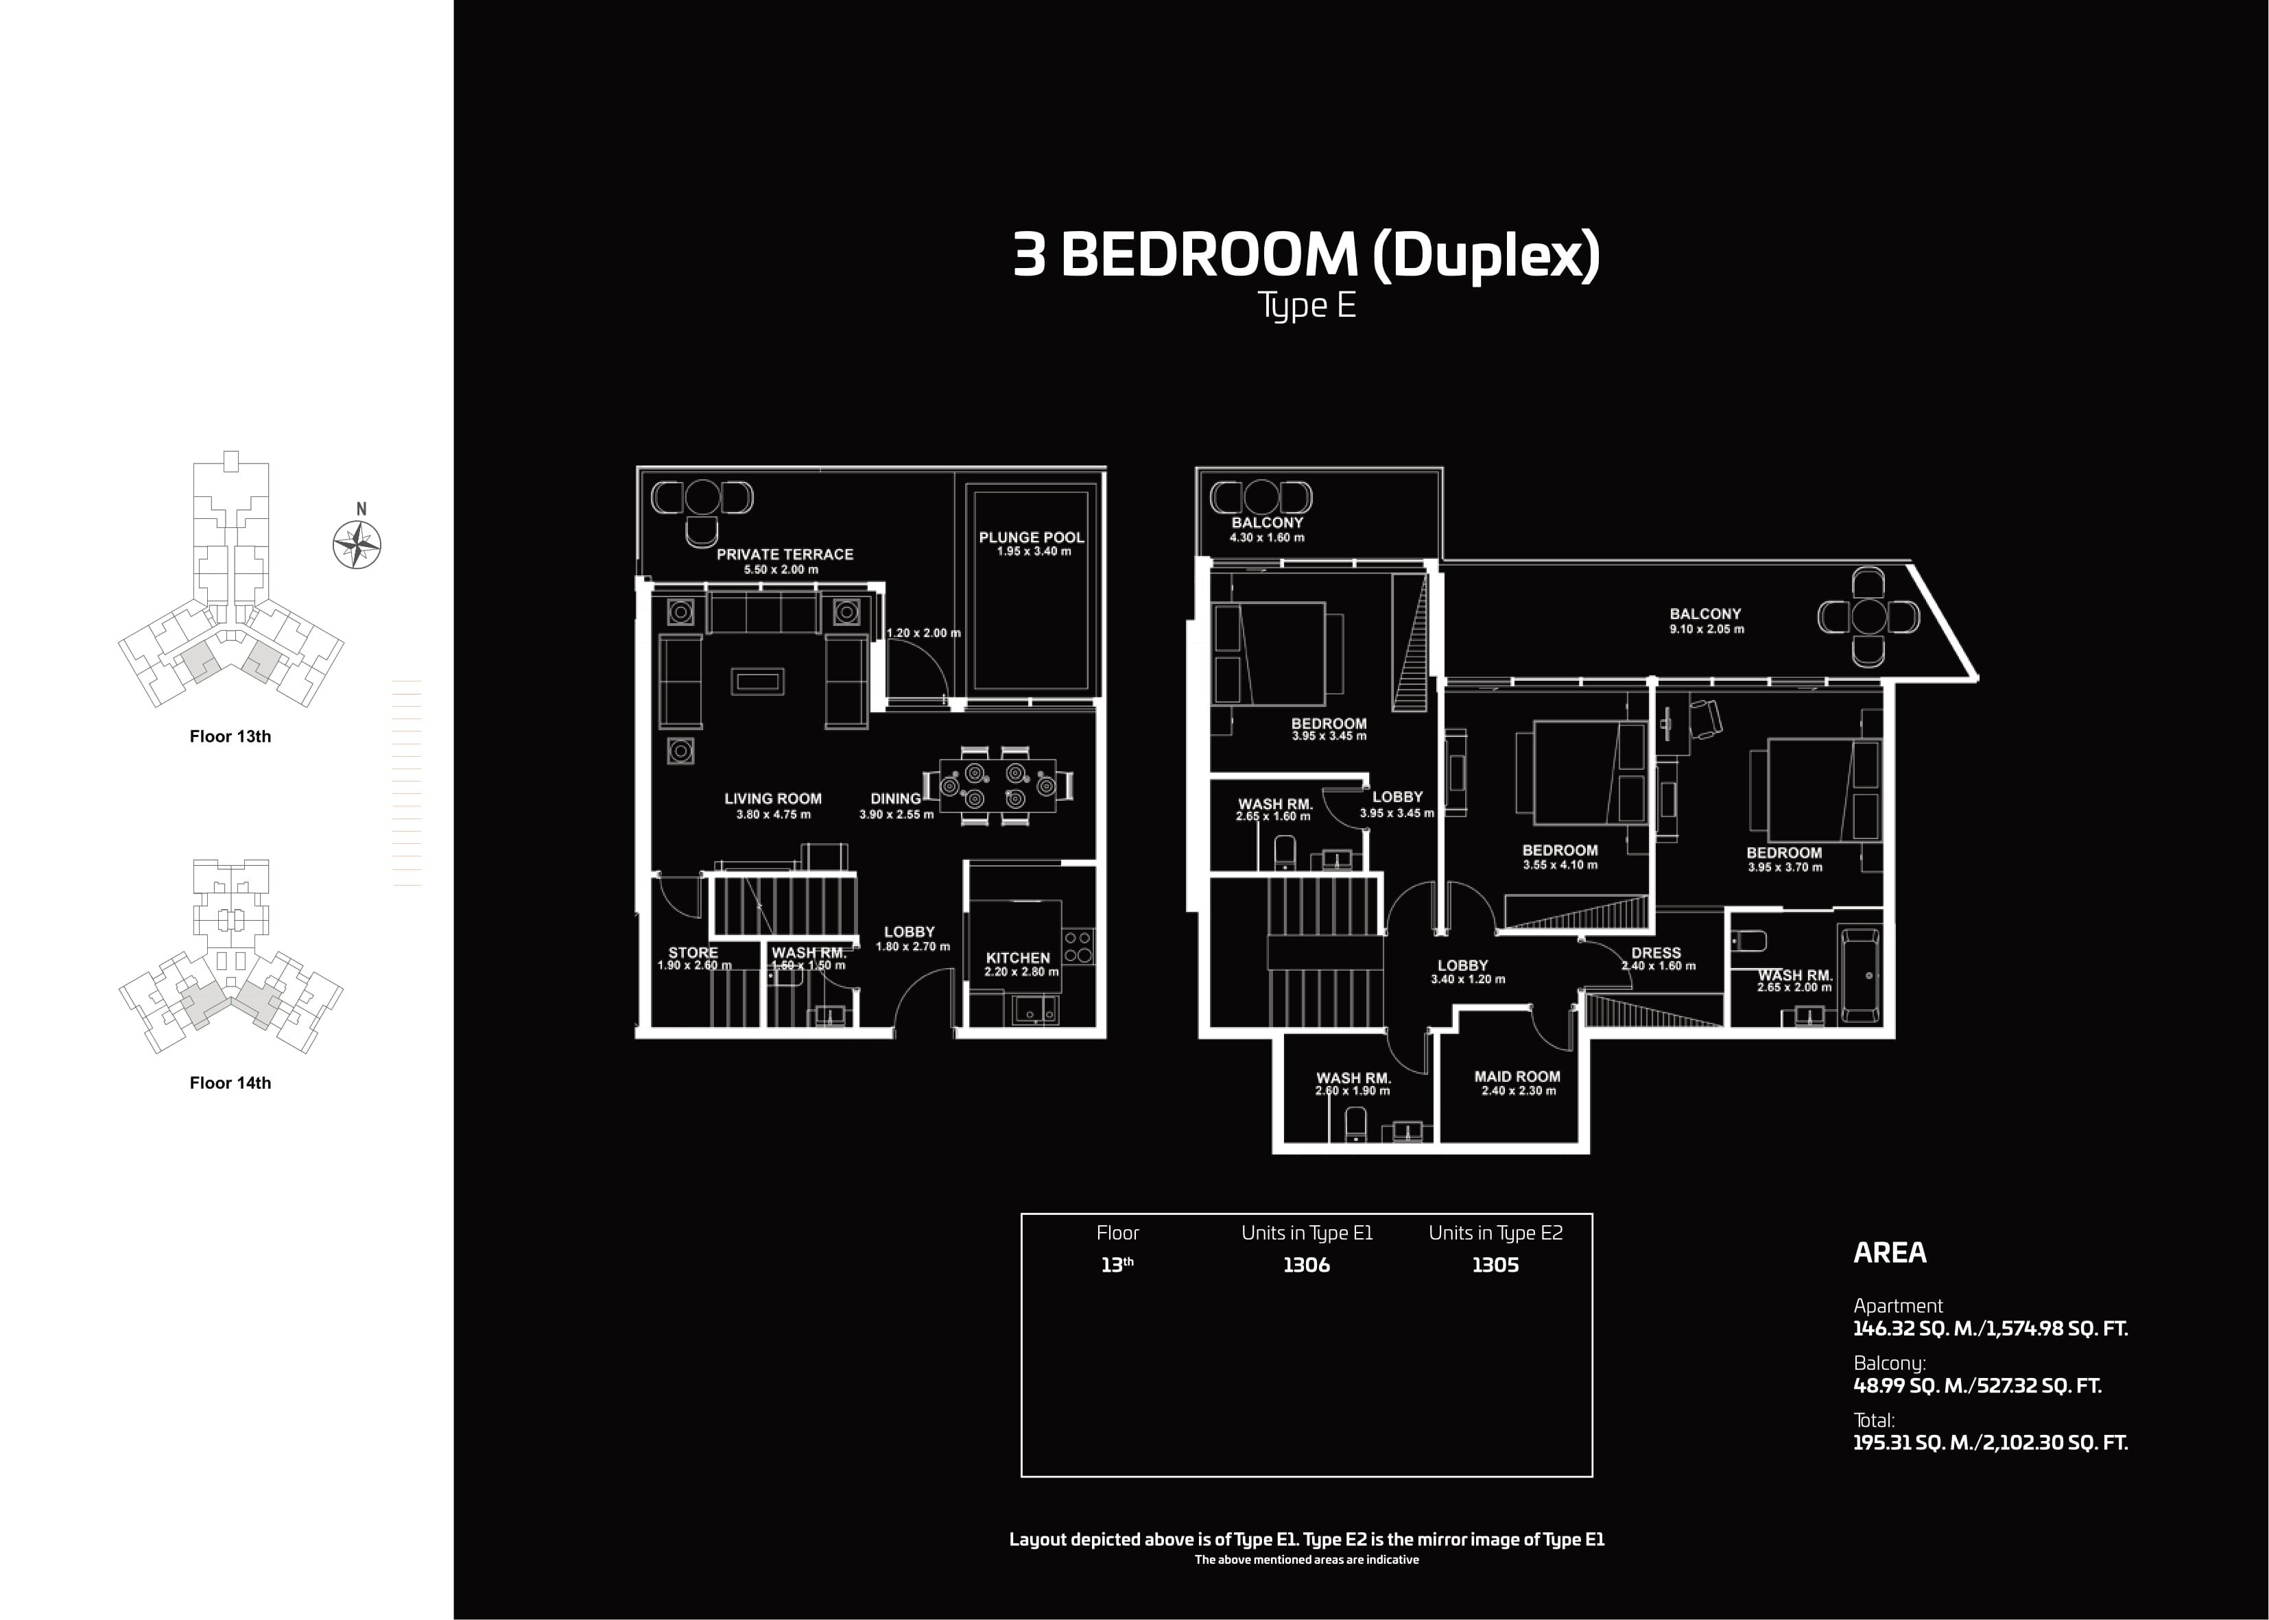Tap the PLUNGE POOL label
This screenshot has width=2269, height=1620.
click(x=1031, y=537)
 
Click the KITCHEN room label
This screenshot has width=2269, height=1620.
click(x=1018, y=958)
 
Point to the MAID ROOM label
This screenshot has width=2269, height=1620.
click(x=1517, y=1076)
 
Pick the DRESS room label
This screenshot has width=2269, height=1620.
click(x=1656, y=953)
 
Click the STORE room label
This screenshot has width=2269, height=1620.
click(x=693, y=953)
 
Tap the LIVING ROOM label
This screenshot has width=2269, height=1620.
click(x=773, y=798)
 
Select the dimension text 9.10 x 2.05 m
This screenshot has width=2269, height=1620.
click(x=1707, y=629)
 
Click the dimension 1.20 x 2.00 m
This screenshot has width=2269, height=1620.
click(x=923, y=633)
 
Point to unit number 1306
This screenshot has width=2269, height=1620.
click(x=1306, y=1265)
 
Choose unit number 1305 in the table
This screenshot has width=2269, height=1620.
click(x=1495, y=1265)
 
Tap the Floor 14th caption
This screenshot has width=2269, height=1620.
click(x=230, y=1083)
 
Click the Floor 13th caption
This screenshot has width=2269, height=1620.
click(x=230, y=737)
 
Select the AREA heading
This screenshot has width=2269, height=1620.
click(x=1890, y=1253)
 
